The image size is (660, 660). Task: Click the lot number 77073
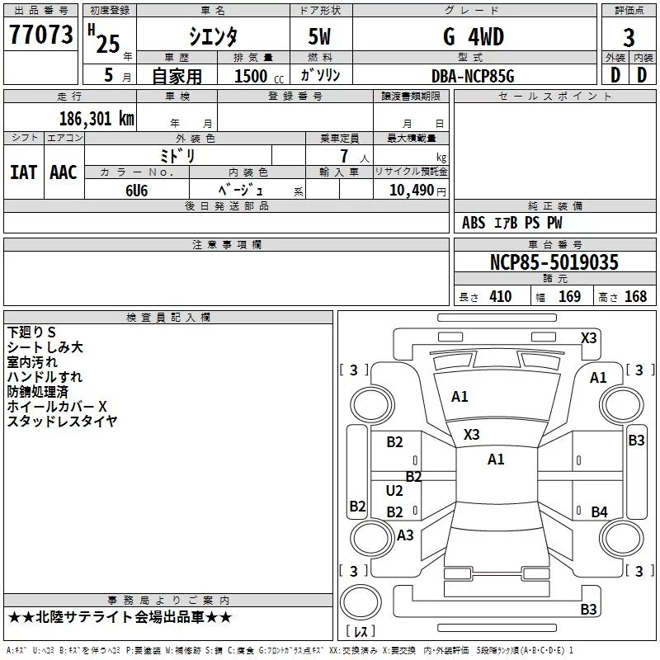tap(41, 35)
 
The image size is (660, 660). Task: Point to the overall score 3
tap(629, 38)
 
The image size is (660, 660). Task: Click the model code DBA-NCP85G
tap(473, 75)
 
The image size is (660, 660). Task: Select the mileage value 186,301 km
tap(97, 118)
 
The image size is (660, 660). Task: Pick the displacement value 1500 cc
tap(251, 76)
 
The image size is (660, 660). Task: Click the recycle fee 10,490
tap(412, 190)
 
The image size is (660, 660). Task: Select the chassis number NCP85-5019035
tap(554, 262)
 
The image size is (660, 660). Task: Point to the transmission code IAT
tap(23, 172)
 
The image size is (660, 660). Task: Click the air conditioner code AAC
tap(64, 172)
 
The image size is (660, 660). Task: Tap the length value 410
tap(500, 296)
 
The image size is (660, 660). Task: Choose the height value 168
tap(635, 296)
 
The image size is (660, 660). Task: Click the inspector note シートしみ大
tap(45, 347)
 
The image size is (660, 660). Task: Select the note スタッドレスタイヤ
tap(62, 421)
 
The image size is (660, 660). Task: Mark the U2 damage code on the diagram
tap(394, 491)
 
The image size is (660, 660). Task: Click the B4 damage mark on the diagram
tap(599, 512)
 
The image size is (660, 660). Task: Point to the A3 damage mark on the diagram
tap(405, 535)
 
